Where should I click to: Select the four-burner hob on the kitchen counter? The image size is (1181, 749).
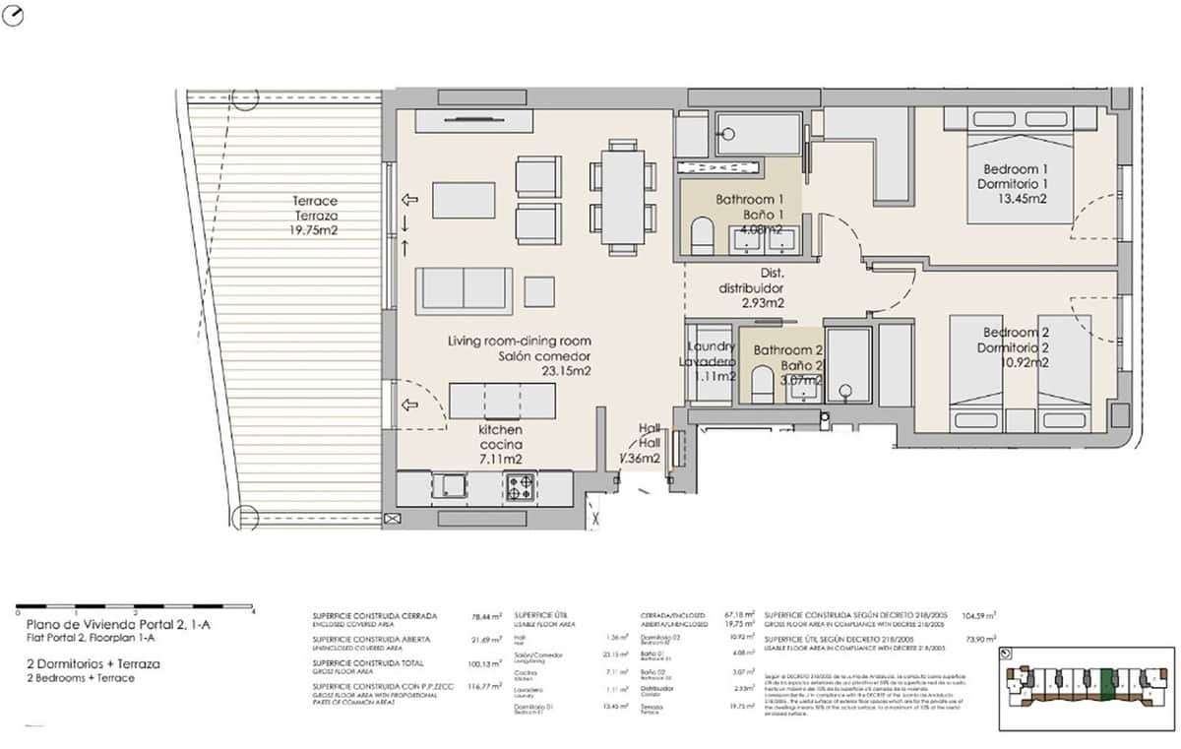pos(521,484)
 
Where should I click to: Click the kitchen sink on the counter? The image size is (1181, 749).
pos(454,484)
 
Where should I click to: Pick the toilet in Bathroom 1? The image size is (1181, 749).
pos(702,236)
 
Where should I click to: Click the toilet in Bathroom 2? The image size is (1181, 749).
pos(762,385)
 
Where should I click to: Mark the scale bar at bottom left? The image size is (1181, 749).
pos(136,606)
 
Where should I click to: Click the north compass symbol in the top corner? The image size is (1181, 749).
pos(14,16)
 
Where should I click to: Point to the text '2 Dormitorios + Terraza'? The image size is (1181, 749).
pos(93,664)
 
